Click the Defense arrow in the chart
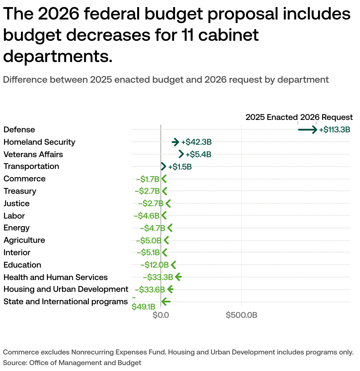pyautogui.click(x=307, y=130)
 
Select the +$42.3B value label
pyautogui.click(x=196, y=142)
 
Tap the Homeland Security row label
pyautogui.click(x=39, y=142)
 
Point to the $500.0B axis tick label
pyautogui.click(x=241, y=315)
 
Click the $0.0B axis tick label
pyautogui.click(x=161, y=315)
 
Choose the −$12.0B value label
pyautogui.click(x=154, y=265)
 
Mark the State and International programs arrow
pyautogui.click(x=166, y=302)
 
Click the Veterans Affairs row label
pyautogui.click(x=33, y=154)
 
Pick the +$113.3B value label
pyautogui.click(x=335, y=130)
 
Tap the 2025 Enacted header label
pyautogui.click(x=271, y=117)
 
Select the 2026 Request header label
pyautogui.click(x=326, y=117)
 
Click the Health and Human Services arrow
pyautogui.click(x=178, y=277)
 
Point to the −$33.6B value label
pyautogui.click(x=150, y=290)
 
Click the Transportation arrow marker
pyautogui.click(x=163, y=166)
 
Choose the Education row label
pyautogui.click(x=22, y=265)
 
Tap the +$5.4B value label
pyautogui.click(x=198, y=154)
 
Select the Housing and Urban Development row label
pyautogui.click(x=66, y=289)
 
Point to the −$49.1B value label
pyautogui.click(x=143, y=307)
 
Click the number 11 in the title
pyautogui.click(x=186, y=35)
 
